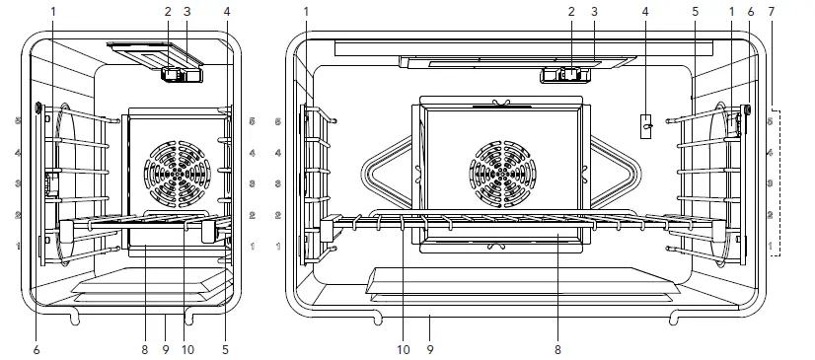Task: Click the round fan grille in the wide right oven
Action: point(503,173)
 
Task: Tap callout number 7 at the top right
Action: point(771,12)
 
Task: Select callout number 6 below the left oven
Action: point(37,350)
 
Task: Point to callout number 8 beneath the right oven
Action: point(557,350)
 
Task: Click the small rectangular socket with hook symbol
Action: point(646,126)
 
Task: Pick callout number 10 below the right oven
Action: point(404,350)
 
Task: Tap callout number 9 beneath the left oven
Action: point(166,350)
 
